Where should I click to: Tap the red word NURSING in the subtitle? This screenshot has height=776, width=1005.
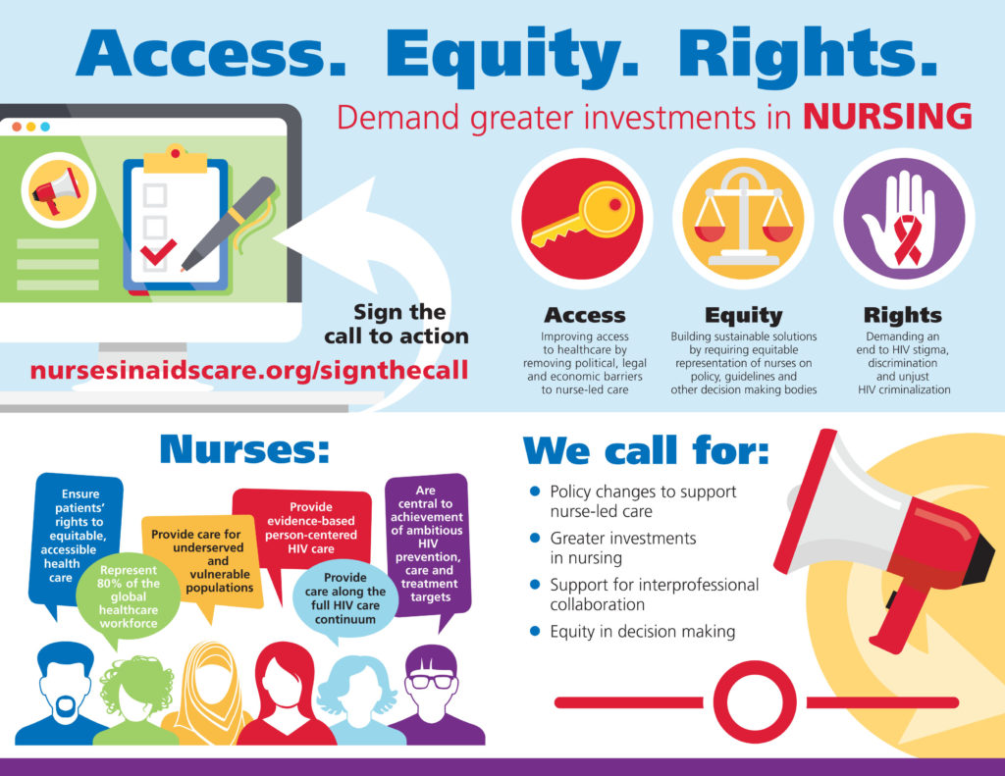(x=887, y=116)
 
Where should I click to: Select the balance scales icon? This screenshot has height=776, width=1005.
(x=742, y=219)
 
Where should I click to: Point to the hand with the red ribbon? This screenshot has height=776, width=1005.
(x=903, y=220)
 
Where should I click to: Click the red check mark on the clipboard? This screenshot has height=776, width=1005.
(x=157, y=253)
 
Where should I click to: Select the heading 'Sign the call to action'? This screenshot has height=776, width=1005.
(x=397, y=324)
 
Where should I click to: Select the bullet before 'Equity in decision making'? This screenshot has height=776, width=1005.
(x=535, y=631)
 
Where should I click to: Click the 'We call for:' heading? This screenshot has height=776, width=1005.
(x=646, y=450)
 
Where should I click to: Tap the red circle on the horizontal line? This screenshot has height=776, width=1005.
(x=754, y=702)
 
